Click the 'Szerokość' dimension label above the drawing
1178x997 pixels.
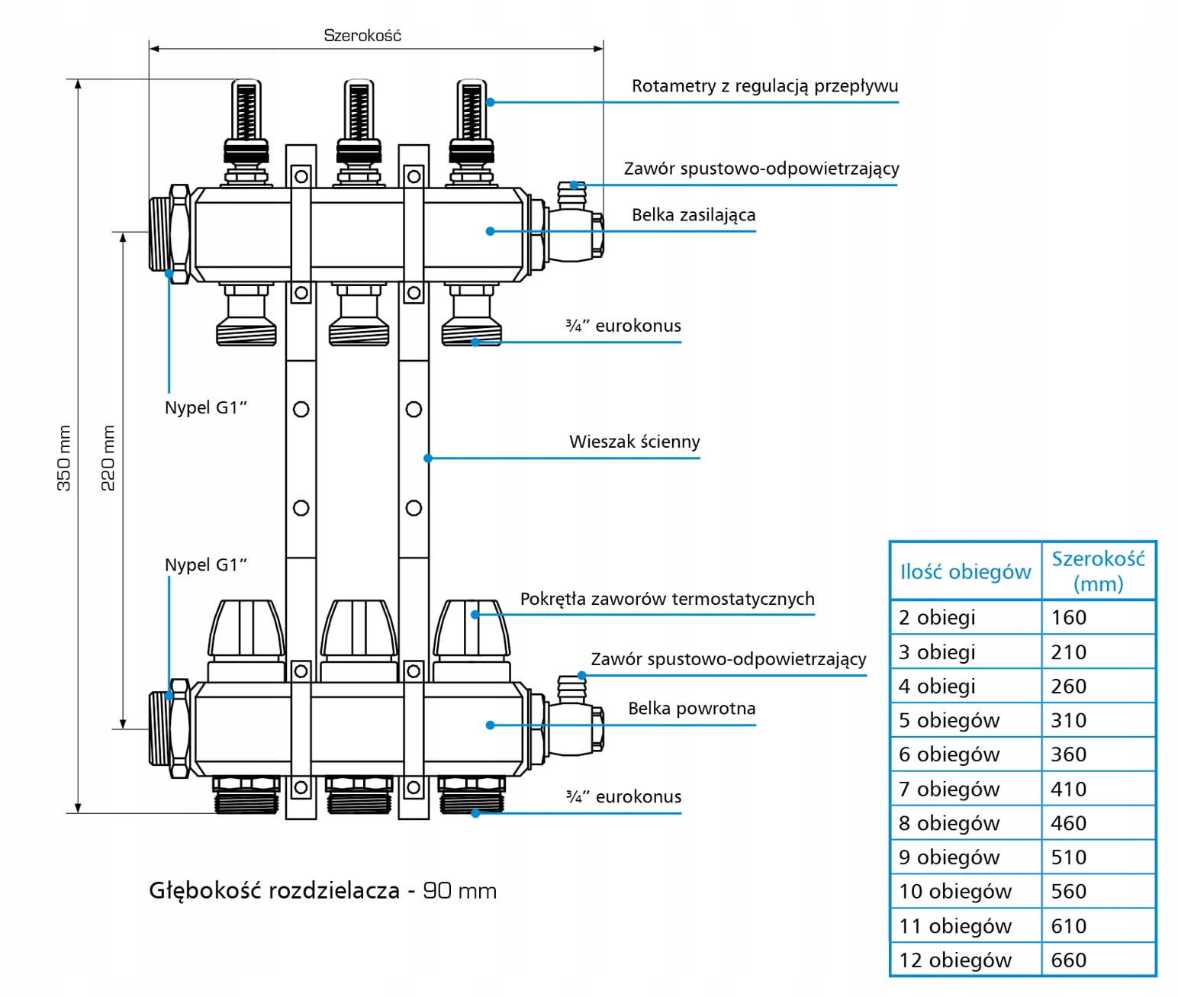point(362,35)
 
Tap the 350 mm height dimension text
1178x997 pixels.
point(64,458)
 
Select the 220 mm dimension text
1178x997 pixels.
point(108,458)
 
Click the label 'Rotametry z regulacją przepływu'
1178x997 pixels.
point(764,86)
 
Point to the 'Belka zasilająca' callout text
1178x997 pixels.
point(694,215)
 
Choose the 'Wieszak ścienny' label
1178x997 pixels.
point(634,442)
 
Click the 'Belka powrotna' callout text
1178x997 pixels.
point(691,709)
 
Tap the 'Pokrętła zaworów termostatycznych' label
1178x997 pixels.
point(667,599)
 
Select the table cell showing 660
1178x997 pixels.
point(1068,960)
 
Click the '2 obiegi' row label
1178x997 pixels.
point(937,617)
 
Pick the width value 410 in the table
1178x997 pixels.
point(1068,789)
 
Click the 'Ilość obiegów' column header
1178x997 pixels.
point(965,571)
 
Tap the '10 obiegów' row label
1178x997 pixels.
point(955,891)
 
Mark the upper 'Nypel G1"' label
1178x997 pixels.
point(206,407)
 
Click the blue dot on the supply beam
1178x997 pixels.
point(491,231)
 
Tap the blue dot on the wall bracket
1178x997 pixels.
point(428,458)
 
